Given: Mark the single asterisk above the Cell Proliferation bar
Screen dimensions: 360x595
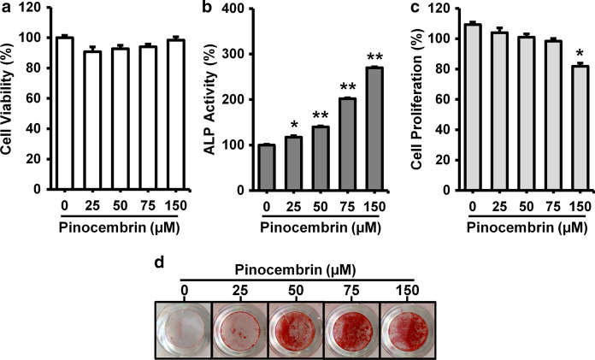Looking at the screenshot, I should (x=556, y=52).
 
